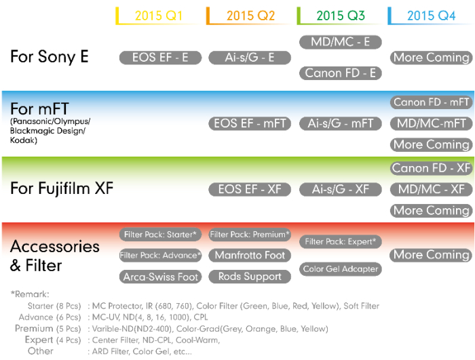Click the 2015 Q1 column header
click(x=159, y=15)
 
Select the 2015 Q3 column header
click(x=341, y=15)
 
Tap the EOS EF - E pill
click(x=161, y=58)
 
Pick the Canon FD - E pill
click(x=341, y=73)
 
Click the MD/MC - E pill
click(x=341, y=42)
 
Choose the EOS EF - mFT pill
click(x=250, y=123)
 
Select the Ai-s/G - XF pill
click(x=341, y=189)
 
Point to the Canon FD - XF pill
click(x=431, y=168)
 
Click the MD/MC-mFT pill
click(x=431, y=123)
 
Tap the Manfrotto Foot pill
click(x=250, y=256)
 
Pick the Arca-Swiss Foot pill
click(x=161, y=277)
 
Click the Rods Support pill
click(x=250, y=277)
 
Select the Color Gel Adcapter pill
click(x=341, y=269)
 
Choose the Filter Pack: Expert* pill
click(x=341, y=241)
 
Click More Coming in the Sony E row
click(x=431, y=58)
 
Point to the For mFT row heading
click(x=39, y=108)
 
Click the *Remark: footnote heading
click(x=30, y=294)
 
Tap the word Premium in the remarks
click(x=34, y=328)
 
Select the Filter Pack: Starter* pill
click(x=161, y=235)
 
